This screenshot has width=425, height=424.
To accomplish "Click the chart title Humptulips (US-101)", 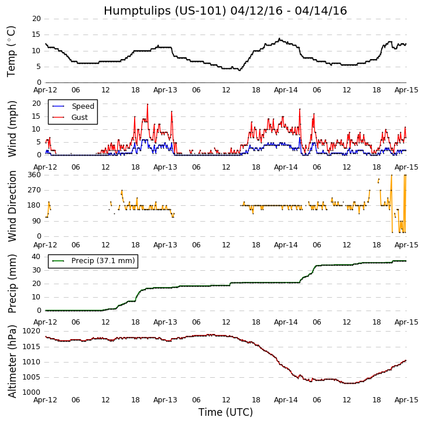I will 225,11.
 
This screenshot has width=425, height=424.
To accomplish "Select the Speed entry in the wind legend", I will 83,106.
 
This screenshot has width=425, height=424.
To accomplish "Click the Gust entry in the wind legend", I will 80,118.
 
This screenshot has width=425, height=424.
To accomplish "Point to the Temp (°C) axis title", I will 12,51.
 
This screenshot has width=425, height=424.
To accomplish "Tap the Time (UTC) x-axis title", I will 225,412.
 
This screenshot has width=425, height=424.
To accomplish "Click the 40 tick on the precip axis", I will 36,257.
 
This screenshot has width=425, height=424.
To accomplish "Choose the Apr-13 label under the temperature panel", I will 166,91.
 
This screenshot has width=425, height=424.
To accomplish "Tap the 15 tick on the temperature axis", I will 36,35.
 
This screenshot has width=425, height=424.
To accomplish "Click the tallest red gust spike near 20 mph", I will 148,105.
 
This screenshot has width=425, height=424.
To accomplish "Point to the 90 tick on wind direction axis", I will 36,221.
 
